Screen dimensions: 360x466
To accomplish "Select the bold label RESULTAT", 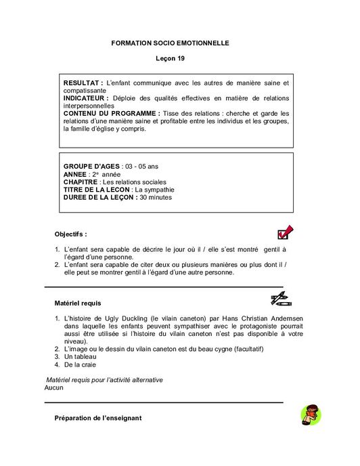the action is (83, 83).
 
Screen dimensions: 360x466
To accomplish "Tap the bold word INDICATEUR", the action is (86, 98).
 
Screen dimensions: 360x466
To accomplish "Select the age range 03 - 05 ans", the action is (142, 166).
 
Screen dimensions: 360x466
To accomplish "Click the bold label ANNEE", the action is (75, 174).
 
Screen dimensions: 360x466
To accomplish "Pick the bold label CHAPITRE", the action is (80, 182).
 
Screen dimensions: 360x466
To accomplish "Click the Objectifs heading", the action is (71, 234).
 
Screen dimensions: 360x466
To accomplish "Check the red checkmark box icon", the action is (285, 233).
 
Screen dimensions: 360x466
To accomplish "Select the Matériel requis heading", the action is (78, 303).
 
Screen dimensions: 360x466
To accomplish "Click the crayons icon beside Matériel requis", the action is (279, 299).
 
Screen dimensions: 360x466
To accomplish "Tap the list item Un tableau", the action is (80, 357).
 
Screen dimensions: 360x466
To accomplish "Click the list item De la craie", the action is (79, 365).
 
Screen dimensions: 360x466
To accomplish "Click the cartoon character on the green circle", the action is (311, 414).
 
